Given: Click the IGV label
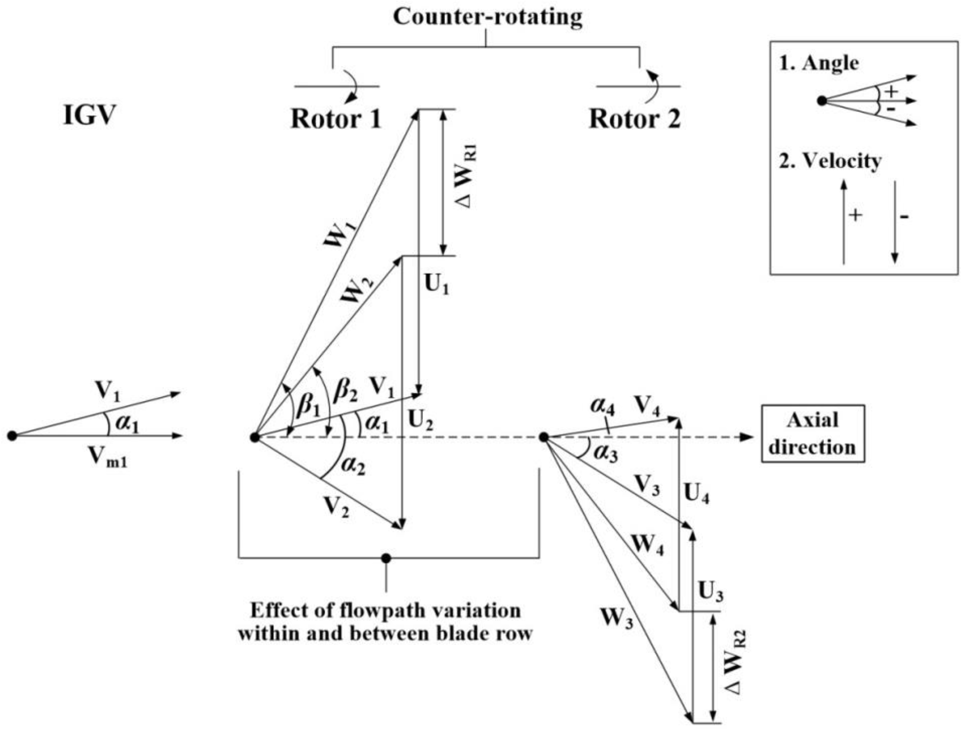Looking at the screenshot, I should click(90, 115).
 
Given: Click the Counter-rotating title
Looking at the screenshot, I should click(488, 17).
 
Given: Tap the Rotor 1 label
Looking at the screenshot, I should click(336, 118).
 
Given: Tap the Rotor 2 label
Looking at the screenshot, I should click(635, 118).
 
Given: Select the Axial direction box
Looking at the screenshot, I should click(813, 434).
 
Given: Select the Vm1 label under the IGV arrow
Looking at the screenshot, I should click(108, 458).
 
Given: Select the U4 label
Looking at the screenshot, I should click(697, 494).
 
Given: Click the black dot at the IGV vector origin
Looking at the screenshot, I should click(12, 436).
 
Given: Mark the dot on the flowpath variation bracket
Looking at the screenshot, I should click(386, 558).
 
